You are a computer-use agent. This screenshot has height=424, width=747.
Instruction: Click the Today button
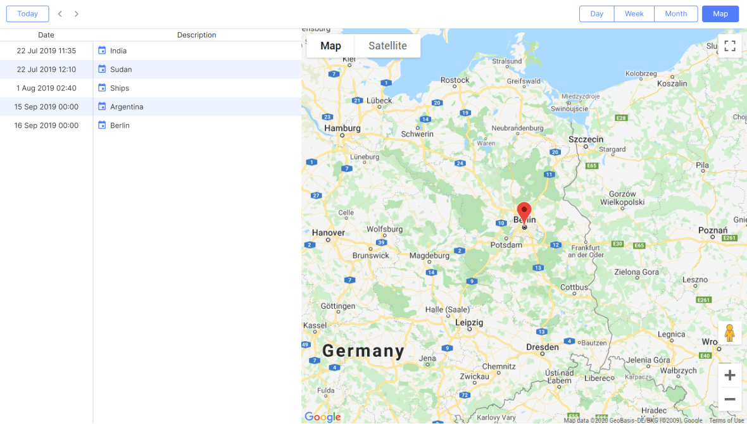click(x=28, y=14)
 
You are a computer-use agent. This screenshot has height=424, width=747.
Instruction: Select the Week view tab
click(x=634, y=14)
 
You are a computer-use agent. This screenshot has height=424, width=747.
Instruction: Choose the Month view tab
click(x=676, y=14)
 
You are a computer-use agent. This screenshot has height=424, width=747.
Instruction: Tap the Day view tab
click(x=596, y=14)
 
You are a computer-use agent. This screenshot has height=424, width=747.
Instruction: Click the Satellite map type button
click(x=387, y=46)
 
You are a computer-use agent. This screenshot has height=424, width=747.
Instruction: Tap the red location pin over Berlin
click(x=524, y=212)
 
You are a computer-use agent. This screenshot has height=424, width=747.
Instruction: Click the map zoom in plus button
click(x=729, y=375)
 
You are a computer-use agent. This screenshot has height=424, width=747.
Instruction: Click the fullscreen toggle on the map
click(x=729, y=46)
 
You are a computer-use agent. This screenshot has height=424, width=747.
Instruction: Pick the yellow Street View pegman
click(x=729, y=333)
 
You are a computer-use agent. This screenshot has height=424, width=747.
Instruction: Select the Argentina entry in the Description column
click(x=127, y=107)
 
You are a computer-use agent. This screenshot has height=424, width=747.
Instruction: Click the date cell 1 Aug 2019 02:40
click(x=46, y=88)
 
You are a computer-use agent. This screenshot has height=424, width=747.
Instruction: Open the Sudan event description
click(x=121, y=70)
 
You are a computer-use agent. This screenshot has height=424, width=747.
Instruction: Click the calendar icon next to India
click(x=102, y=51)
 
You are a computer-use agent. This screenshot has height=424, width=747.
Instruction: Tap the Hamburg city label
click(x=342, y=128)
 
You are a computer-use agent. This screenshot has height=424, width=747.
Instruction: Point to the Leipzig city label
click(x=469, y=322)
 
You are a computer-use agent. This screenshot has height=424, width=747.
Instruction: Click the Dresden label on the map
click(x=543, y=347)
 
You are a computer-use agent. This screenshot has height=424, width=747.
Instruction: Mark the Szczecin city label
click(x=586, y=139)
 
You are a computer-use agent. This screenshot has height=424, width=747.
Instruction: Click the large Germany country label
click(x=363, y=351)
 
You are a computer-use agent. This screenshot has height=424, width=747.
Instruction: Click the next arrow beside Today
click(x=77, y=14)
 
